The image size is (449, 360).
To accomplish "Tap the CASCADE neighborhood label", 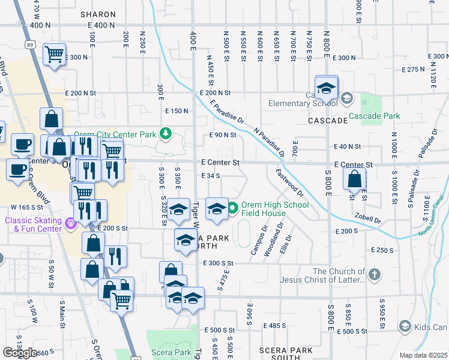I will click(x=328, y=121).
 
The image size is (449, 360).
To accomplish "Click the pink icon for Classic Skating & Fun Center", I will click(x=71, y=224).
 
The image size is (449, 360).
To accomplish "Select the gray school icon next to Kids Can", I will click(x=405, y=326).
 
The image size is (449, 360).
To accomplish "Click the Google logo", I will click(x=20, y=352).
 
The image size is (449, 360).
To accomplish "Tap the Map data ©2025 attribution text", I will click(x=423, y=355).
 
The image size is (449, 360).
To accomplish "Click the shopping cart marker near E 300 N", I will click(x=55, y=55).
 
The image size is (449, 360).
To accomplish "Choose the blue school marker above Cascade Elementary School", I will click(x=327, y=89).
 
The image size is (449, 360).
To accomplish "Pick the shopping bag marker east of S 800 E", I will click(x=355, y=179).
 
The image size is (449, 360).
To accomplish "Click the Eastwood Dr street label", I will click(x=290, y=181).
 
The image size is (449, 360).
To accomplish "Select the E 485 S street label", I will click(x=274, y=325).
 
